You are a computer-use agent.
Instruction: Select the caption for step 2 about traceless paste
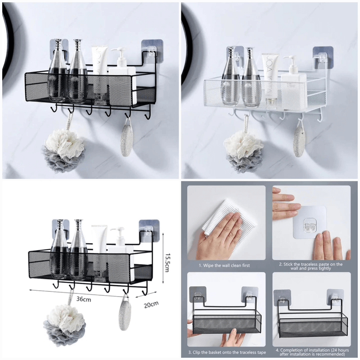[311, 266]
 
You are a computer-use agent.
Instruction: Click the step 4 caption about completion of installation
[311, 351]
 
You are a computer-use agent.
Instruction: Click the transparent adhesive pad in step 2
[309, 222]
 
